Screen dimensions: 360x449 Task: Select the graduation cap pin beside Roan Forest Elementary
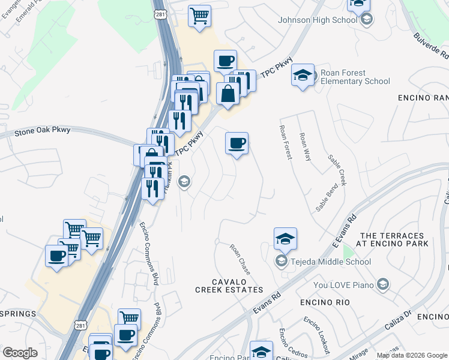click(303, 75)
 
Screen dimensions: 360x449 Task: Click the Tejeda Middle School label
click(331, 262)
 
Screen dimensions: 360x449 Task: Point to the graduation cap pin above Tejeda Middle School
click(285, 239)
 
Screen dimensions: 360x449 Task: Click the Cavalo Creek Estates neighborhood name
click(229, 286)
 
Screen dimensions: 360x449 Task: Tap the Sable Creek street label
click(337, 169)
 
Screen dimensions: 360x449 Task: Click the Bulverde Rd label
click(431, 46)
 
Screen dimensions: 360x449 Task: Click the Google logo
click(20, 353)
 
